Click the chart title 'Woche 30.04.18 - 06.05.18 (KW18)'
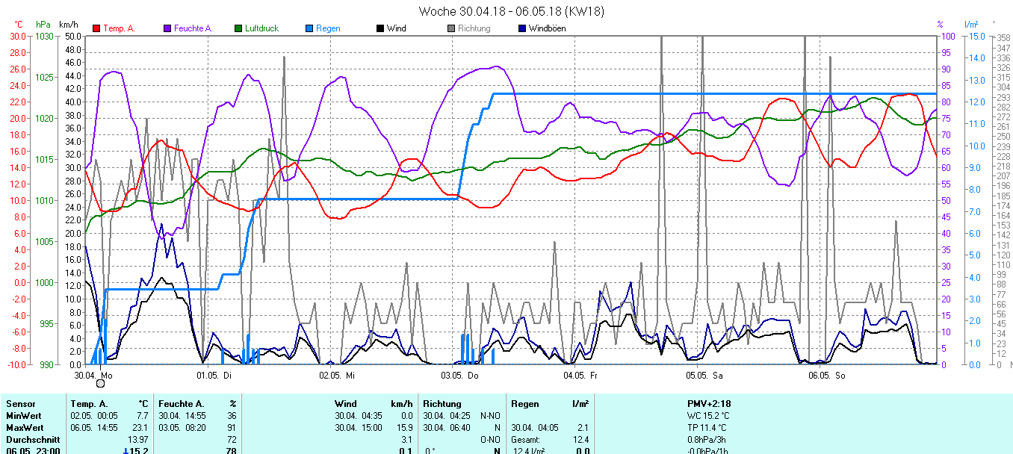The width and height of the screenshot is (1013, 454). pos(511,11)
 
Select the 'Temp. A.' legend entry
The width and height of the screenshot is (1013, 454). pos(118,28)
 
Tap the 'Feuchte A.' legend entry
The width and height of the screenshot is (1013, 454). pos(193,28)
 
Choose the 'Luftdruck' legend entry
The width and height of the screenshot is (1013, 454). pos(261,28)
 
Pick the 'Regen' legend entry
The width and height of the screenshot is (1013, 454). pos(327,28)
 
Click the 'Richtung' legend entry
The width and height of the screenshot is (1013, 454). pos(474,28)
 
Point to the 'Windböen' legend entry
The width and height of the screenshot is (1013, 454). pos(546,28)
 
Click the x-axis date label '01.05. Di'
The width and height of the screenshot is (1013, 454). pos(214,375)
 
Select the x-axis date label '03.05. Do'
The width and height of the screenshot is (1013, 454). pos(459,375)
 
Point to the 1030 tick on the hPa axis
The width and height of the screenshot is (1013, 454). pos(45,36)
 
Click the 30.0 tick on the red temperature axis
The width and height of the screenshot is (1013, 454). pos(17,36)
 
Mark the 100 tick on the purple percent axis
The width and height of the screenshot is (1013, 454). pos(947,36)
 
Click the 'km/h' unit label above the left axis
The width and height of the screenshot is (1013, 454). pos(69,25)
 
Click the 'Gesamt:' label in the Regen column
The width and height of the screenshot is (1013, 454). pos(526,440)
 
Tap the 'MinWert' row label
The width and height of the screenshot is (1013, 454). pos(24,416)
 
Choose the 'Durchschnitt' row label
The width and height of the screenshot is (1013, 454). pos(31,440)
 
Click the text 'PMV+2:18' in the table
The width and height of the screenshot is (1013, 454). pos(708,404)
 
